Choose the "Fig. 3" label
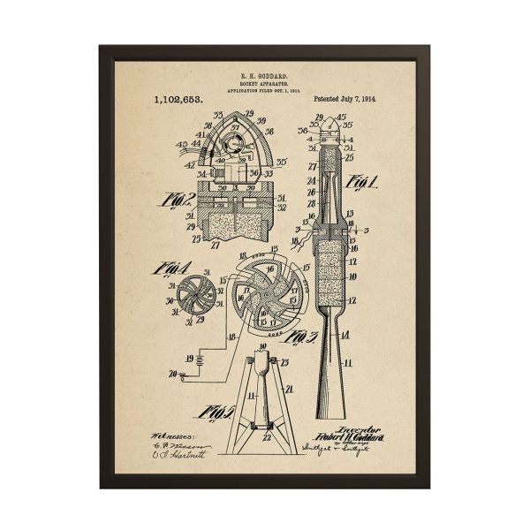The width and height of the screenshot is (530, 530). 304,336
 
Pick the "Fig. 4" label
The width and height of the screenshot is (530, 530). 170,267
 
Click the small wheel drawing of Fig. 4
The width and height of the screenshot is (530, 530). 192,292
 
